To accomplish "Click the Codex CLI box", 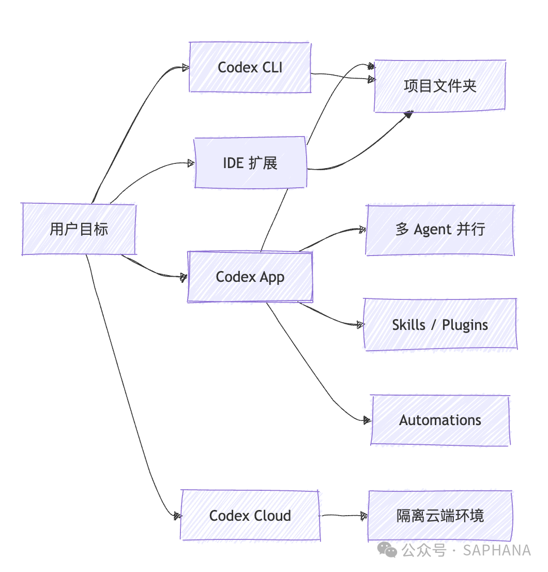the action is tap(250, 67).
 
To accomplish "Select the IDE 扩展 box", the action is tap(251, 163).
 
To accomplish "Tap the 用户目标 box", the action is tap(79, 229).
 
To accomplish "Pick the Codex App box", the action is tap(250, 277).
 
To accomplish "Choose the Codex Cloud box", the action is tap(250, 516).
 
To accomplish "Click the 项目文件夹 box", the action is tap(440, 86).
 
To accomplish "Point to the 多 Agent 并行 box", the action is tap(440, 230).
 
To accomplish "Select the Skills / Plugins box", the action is tap(440, 325).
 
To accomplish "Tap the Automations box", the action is tap(440, 420).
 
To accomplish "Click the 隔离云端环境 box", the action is tap(440, 516).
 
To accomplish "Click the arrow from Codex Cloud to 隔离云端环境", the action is tap(344, 516).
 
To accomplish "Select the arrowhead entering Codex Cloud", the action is tap(177, 516).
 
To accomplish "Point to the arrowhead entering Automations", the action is tap(367, 420).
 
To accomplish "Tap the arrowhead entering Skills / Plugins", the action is tap(360, 324).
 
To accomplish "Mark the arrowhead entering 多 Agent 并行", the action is tap(362, 230).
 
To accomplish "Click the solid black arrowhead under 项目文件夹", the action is tap(409, 115).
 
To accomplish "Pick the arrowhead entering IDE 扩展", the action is tap(191, 163).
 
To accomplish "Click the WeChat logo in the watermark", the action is tap(387, 550).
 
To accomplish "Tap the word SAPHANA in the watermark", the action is tap(497, 550).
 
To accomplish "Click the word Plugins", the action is tap(465, 325).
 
